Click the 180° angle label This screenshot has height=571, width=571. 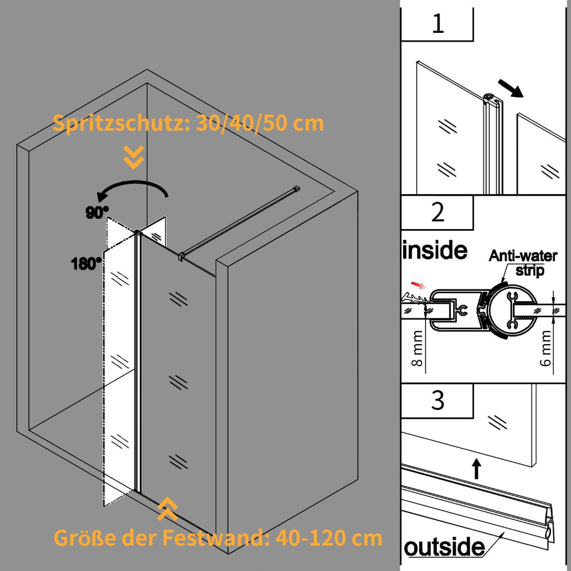[x=86, y=263]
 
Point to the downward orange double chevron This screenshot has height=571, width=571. [x=134, y=158]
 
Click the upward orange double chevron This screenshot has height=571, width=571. [x=167, y=509]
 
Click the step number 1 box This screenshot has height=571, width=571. [x=438, y=25]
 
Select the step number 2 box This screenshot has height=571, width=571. [x=438, y=212]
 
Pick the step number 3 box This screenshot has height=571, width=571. [x=438, y=400]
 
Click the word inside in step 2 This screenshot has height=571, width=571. [x=435, y=250]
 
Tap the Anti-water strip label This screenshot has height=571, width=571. [x=523, y=262]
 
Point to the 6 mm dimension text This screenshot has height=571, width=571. [x=546, y=347]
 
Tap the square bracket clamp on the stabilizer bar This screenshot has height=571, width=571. [x=181, y=257]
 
